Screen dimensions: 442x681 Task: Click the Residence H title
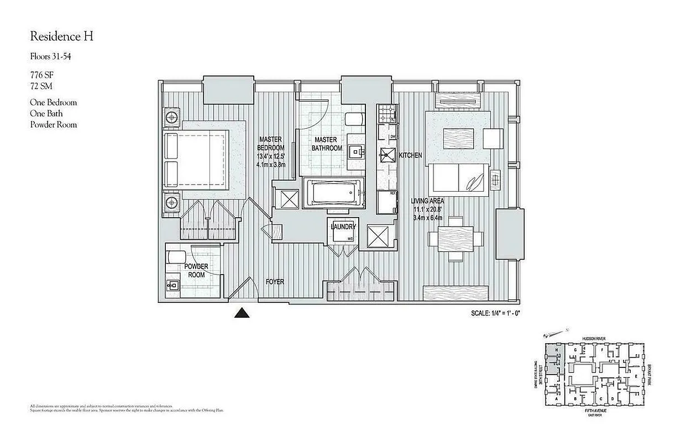[61, 37]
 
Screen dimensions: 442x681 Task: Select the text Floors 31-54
[51, 56]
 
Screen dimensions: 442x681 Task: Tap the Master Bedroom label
[271, 144]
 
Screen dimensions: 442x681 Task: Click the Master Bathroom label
[327, 144]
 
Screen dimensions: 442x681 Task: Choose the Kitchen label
[410, 156]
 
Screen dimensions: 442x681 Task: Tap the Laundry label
[343, 227]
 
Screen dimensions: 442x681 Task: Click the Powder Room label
[196, 271]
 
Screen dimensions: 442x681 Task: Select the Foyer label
[275, 282]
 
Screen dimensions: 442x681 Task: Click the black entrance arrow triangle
[240, 313]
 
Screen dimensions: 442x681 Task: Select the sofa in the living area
[459, 179]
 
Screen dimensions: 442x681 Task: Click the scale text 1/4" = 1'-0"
[495, 313]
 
